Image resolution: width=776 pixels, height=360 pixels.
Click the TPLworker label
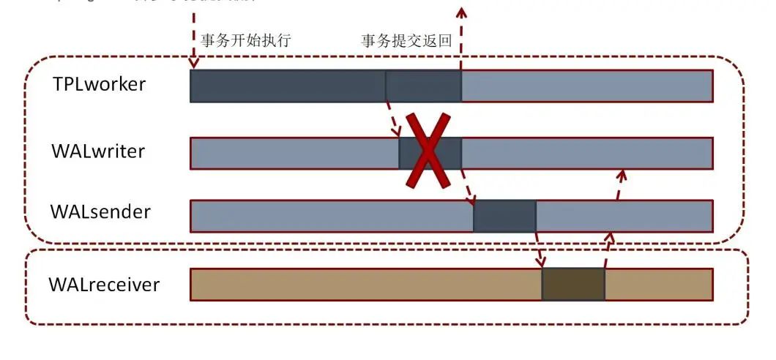[99, 84]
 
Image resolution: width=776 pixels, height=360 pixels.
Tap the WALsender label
[100, 212]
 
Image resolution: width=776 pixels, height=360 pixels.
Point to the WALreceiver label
[104, 284]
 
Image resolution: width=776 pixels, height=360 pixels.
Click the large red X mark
[428, 151]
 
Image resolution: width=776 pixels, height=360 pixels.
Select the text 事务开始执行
[245, 40]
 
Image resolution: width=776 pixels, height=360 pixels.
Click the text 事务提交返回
[406, 40]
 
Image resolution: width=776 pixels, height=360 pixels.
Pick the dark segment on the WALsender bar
[504, 216]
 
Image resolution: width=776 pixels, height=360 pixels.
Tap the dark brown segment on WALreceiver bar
[573, 284]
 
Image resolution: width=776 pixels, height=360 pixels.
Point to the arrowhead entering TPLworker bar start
[194, 64]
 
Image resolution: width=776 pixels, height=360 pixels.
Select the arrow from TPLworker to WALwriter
[392, 119]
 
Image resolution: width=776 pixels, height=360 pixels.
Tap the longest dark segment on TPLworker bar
[288, 86]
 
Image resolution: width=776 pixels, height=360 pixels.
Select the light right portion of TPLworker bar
[586, 86]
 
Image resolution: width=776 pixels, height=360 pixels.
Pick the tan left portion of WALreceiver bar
[366, 284]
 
